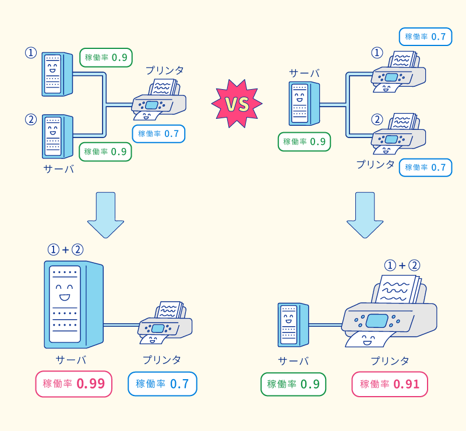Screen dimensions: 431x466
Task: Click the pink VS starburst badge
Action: (236, 105)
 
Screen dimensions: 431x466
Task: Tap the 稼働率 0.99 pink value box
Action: (73, 384)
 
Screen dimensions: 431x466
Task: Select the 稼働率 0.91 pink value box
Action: (390, 384)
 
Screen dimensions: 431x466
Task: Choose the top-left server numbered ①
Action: (56, 74)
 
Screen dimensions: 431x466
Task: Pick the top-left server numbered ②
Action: (56, 136)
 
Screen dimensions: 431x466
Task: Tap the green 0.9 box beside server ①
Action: (105, 58)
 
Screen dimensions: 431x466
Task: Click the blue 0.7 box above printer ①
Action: (425, 37)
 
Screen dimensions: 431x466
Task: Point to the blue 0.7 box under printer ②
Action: (425, 167)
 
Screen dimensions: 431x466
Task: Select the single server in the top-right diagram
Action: (303, 103)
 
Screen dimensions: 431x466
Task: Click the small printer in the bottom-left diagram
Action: (165, 323)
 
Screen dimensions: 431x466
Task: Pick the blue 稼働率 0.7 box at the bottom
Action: (163, 384)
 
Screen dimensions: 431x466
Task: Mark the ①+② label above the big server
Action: (65, 250)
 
